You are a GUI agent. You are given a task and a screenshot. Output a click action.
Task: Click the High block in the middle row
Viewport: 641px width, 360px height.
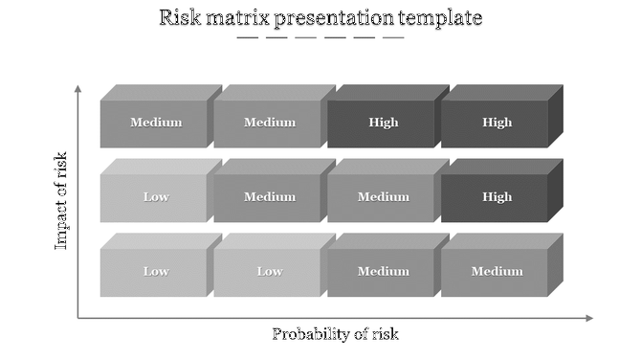[497, 197]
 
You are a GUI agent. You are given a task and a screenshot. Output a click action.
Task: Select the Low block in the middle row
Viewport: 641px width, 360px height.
[155, 197]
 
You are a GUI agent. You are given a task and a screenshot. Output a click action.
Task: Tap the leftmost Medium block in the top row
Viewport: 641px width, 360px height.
[155, 123]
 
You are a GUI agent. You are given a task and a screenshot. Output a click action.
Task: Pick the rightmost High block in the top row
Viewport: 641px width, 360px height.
[497, 123]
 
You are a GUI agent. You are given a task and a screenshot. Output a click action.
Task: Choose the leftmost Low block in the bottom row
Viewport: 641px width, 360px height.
[155, 272]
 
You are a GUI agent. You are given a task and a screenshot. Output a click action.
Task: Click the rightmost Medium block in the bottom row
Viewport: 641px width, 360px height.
[497, 272]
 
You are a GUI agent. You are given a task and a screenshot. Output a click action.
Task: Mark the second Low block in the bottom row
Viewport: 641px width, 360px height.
[269, 272]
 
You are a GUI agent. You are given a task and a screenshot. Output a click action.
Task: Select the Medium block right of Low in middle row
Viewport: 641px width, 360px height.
[269, 197]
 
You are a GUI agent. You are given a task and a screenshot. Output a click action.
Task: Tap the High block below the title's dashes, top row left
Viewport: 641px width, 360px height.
[383, 123]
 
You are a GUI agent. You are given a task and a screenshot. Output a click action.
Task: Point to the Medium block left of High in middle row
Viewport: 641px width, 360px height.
[383, 197]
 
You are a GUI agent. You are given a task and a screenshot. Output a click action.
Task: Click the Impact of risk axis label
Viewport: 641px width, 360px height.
[61, 200]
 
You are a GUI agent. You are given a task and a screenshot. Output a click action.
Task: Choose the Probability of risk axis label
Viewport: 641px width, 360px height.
[335, 334]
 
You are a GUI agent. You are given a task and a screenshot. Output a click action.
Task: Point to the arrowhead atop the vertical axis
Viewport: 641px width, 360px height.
[78, 89]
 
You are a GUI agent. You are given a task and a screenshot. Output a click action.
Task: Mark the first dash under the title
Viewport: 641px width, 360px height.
[247, 37]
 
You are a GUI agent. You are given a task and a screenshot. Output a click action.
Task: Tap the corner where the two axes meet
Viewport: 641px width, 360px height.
[78, 318]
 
